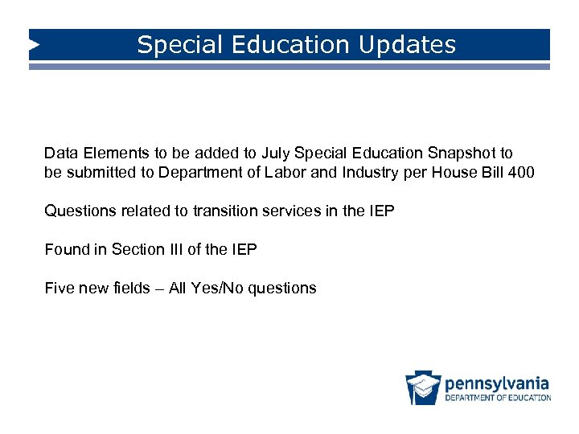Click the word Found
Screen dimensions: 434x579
tap(66, 249)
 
